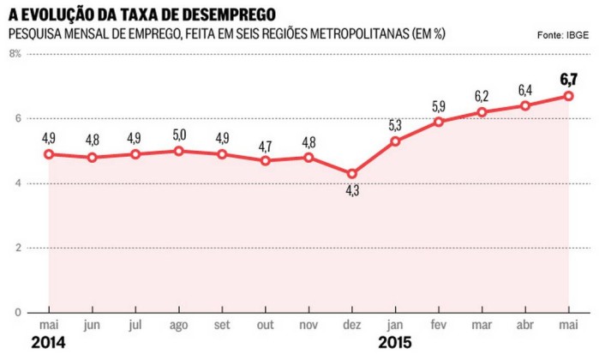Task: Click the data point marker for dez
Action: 351,174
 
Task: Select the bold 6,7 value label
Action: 568,80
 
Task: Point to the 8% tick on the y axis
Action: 15,53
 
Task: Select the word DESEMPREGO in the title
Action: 228,14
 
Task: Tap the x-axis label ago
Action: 178,326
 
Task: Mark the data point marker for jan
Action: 395,141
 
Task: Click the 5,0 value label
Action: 178,135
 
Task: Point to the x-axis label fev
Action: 438,326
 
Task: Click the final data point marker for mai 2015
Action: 568,96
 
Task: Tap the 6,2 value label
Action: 482,95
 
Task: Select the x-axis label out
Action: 265,326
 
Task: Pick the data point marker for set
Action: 222,154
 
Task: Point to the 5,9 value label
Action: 438,106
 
